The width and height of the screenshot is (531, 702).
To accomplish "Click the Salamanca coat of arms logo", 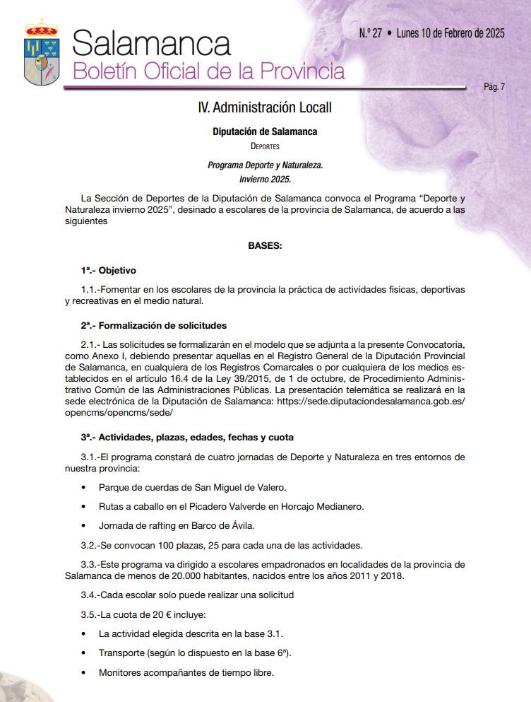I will tap(42, 53).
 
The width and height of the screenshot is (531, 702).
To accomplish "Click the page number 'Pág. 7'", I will tap(494, 87).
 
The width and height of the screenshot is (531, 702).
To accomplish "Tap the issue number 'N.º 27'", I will tap(371, 33).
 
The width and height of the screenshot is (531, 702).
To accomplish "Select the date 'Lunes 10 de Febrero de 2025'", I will tap(451, 33).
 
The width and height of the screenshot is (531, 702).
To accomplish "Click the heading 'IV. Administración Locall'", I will tap(265, 107).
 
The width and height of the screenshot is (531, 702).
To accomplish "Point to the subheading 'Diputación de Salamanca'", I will tap(265, 131).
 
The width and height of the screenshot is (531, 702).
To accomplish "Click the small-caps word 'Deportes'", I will tap(265, 146).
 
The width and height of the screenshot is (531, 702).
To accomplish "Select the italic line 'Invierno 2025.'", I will tap(265, 179).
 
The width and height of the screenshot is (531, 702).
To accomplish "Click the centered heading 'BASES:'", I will tap(265, 246).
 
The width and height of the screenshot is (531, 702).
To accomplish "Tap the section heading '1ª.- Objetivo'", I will tap(108, 270).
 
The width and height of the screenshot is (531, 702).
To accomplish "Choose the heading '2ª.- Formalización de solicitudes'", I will tap(153, 325).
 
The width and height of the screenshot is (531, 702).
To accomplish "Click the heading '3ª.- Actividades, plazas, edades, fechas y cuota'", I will tap(187, 437).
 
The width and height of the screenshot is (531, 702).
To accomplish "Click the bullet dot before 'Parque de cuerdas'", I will tap(84, 488).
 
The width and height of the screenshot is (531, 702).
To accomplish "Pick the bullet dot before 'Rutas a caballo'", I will tap(84, 507).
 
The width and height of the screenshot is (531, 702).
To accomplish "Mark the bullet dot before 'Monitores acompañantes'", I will tap(84, 672).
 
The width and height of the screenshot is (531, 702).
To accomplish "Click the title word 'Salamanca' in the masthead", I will tap(151, 44).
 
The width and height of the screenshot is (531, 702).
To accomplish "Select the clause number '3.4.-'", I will tap(92, 595).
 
